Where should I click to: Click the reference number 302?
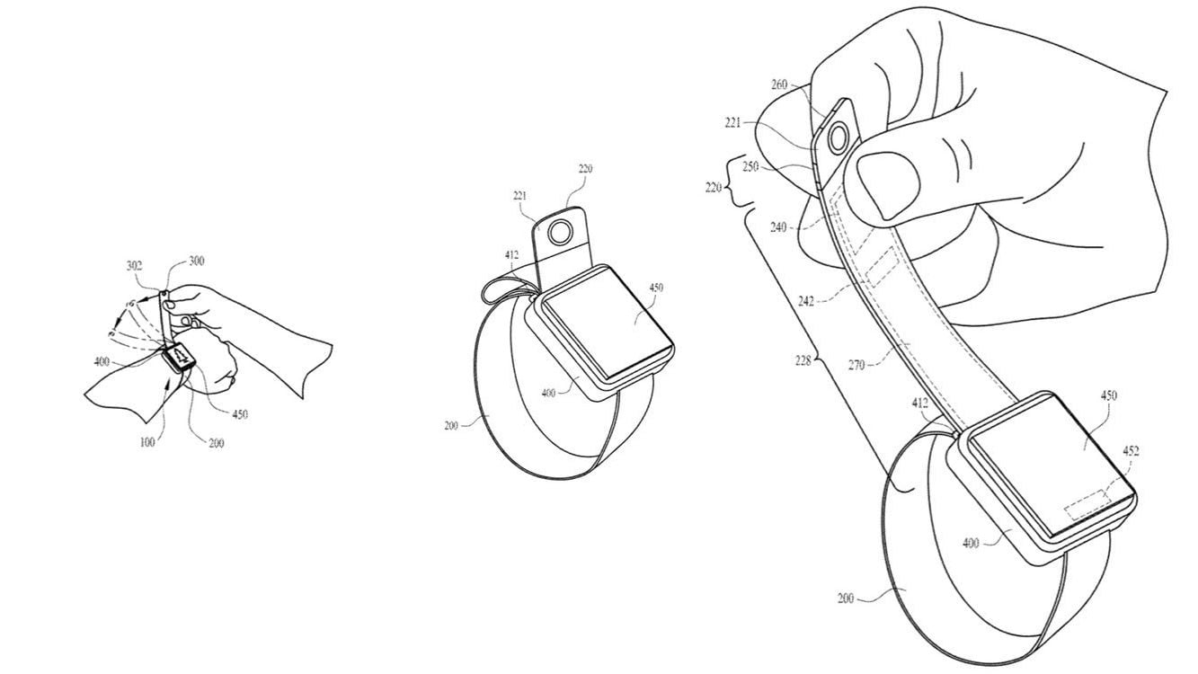(x=134, y=266)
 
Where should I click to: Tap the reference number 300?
(x=196, y=261)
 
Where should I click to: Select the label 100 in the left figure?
(x=147, y=442)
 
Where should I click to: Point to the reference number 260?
(x=780, y=84)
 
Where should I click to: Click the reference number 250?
(x=751, y=167)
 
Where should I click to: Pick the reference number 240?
(x=778, y=227)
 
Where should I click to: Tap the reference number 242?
(x=805, y=301)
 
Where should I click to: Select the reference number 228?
(x=803, y=361)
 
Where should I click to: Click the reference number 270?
(x=856, y=366)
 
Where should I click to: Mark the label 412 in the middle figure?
(x=511, y=255)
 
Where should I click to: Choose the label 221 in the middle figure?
(x=519, y=196)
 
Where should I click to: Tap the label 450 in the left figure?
(x=240, y=414)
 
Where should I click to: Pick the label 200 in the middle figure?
(x=451, y=426)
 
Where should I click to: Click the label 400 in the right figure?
(x=971, y=544)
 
